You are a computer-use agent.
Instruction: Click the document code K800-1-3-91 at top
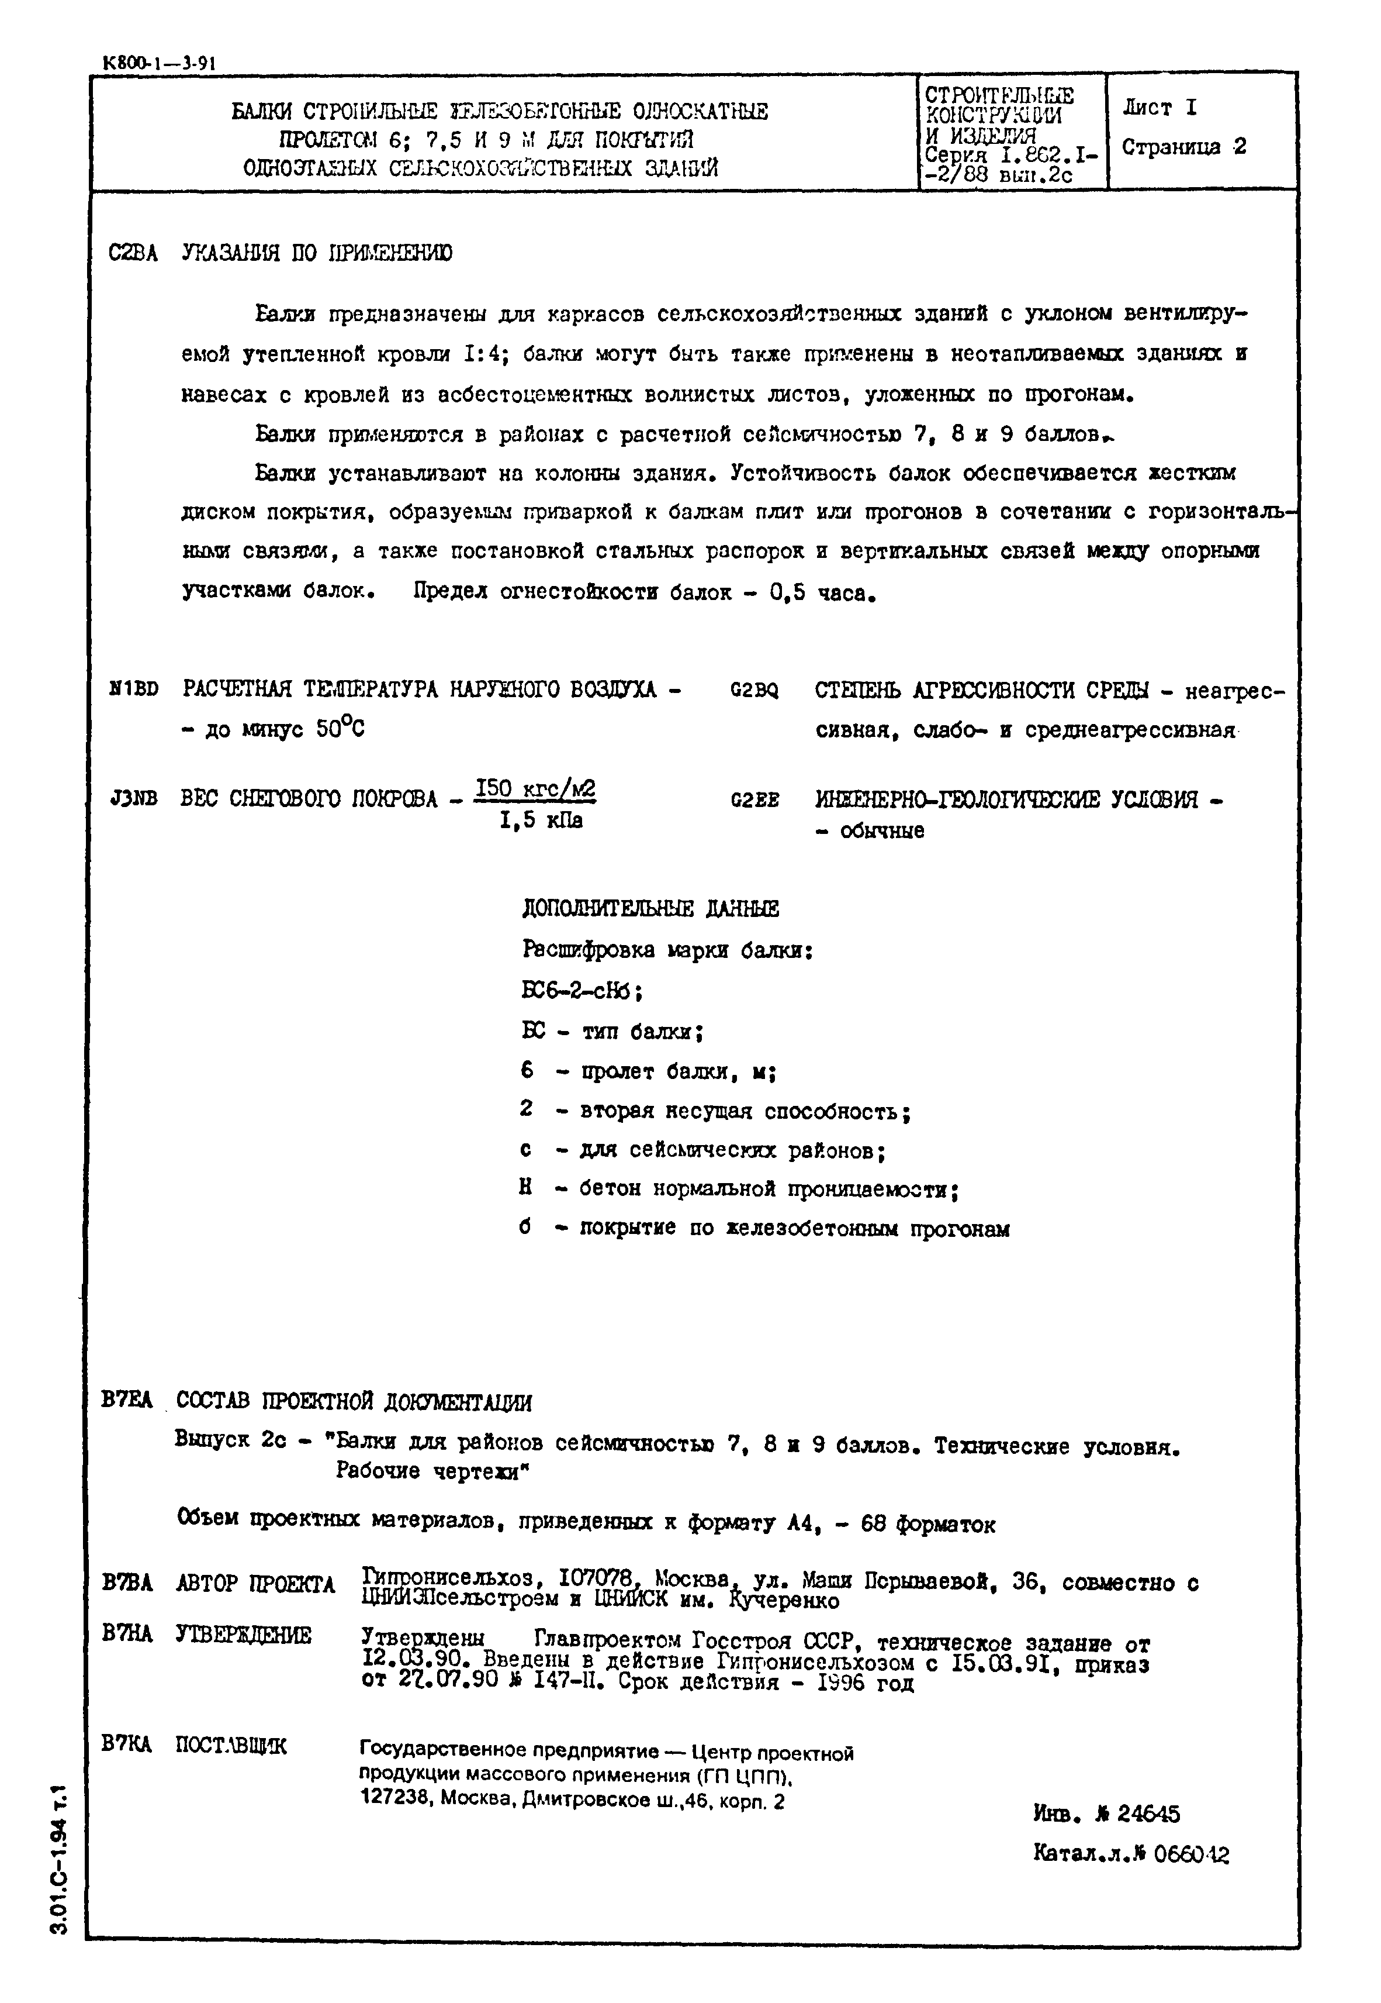(159, 63)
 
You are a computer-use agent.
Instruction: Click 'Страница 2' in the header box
(1183, 147)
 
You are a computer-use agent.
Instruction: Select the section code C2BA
(133, 254)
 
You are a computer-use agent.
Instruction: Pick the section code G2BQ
(754, 690)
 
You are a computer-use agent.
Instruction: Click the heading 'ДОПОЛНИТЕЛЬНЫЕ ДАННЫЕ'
(650, 908)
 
